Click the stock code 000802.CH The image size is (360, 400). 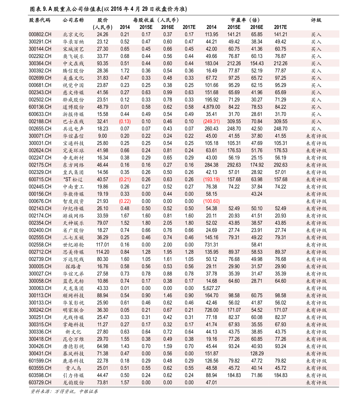tap(40, 34)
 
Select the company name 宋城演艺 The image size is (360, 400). tap(73, 49)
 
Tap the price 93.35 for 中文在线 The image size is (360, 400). tap(102, 63)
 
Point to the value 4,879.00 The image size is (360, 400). tap(211, 107)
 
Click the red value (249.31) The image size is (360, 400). tap(211, 121)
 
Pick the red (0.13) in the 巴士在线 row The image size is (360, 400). tap(125, 121)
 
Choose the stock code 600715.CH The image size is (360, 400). tap(40, 179)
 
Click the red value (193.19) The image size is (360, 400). tap(211, 179)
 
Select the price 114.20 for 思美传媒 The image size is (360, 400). tap(102, 252)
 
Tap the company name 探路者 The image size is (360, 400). tap(73, 266)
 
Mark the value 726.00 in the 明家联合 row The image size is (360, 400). tap(211, 310)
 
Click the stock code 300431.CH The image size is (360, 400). tap(40, 353)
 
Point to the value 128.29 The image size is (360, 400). tap(257, 353)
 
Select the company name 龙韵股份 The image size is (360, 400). tap(73, 382)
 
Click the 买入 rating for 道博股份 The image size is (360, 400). tap(316, 107)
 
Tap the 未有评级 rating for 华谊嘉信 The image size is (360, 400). tap(316, 136)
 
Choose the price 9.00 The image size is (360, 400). tap(102, 136)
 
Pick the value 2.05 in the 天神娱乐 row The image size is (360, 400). tap(167, 223)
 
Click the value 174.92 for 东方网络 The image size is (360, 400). tap(257, 165)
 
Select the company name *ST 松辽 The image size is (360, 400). tap(73, 179)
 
